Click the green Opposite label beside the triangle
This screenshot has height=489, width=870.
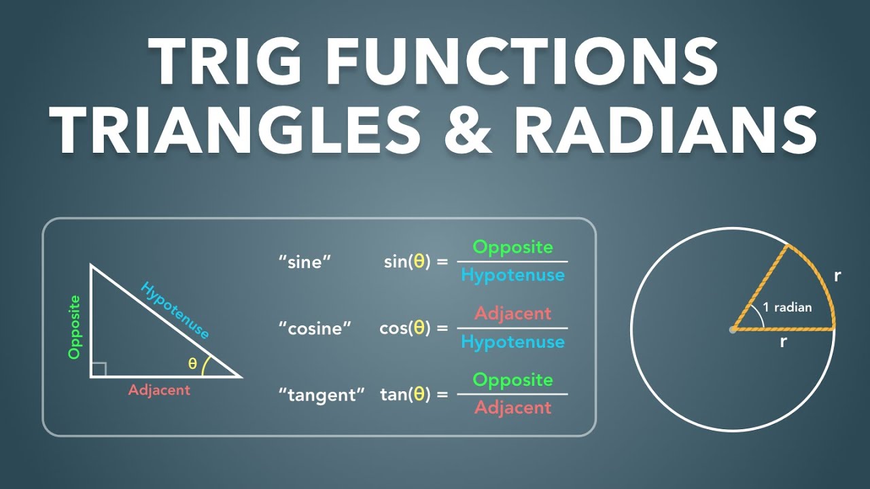click(x=75, y=327)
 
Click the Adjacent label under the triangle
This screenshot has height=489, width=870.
click(x=159, y=390)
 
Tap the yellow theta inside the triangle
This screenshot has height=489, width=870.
click(x=193, y=364)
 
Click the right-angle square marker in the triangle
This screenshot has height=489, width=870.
click(x=99, y=369)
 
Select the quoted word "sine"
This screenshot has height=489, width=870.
click(x=304, y=261)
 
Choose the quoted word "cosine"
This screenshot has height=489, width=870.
click(x=315, y=328)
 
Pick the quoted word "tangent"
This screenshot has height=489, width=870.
click(x=321, y=395)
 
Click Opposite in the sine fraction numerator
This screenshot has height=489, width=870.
click(x=512, y=247)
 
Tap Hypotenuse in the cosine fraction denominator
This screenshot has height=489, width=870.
click(x=512, y=342)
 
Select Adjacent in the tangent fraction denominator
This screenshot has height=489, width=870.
click(x=512, y=407)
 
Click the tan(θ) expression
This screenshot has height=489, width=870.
click(x=405, y=395)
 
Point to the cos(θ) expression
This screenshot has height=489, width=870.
click(x=405, y=328)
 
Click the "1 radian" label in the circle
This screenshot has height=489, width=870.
click(x=787, y=307)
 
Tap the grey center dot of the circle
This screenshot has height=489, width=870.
click(x=732, y=329)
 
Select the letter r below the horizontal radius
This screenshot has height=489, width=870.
click(x=783, y=342)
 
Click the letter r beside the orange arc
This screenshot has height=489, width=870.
click(x=837, y=276)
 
